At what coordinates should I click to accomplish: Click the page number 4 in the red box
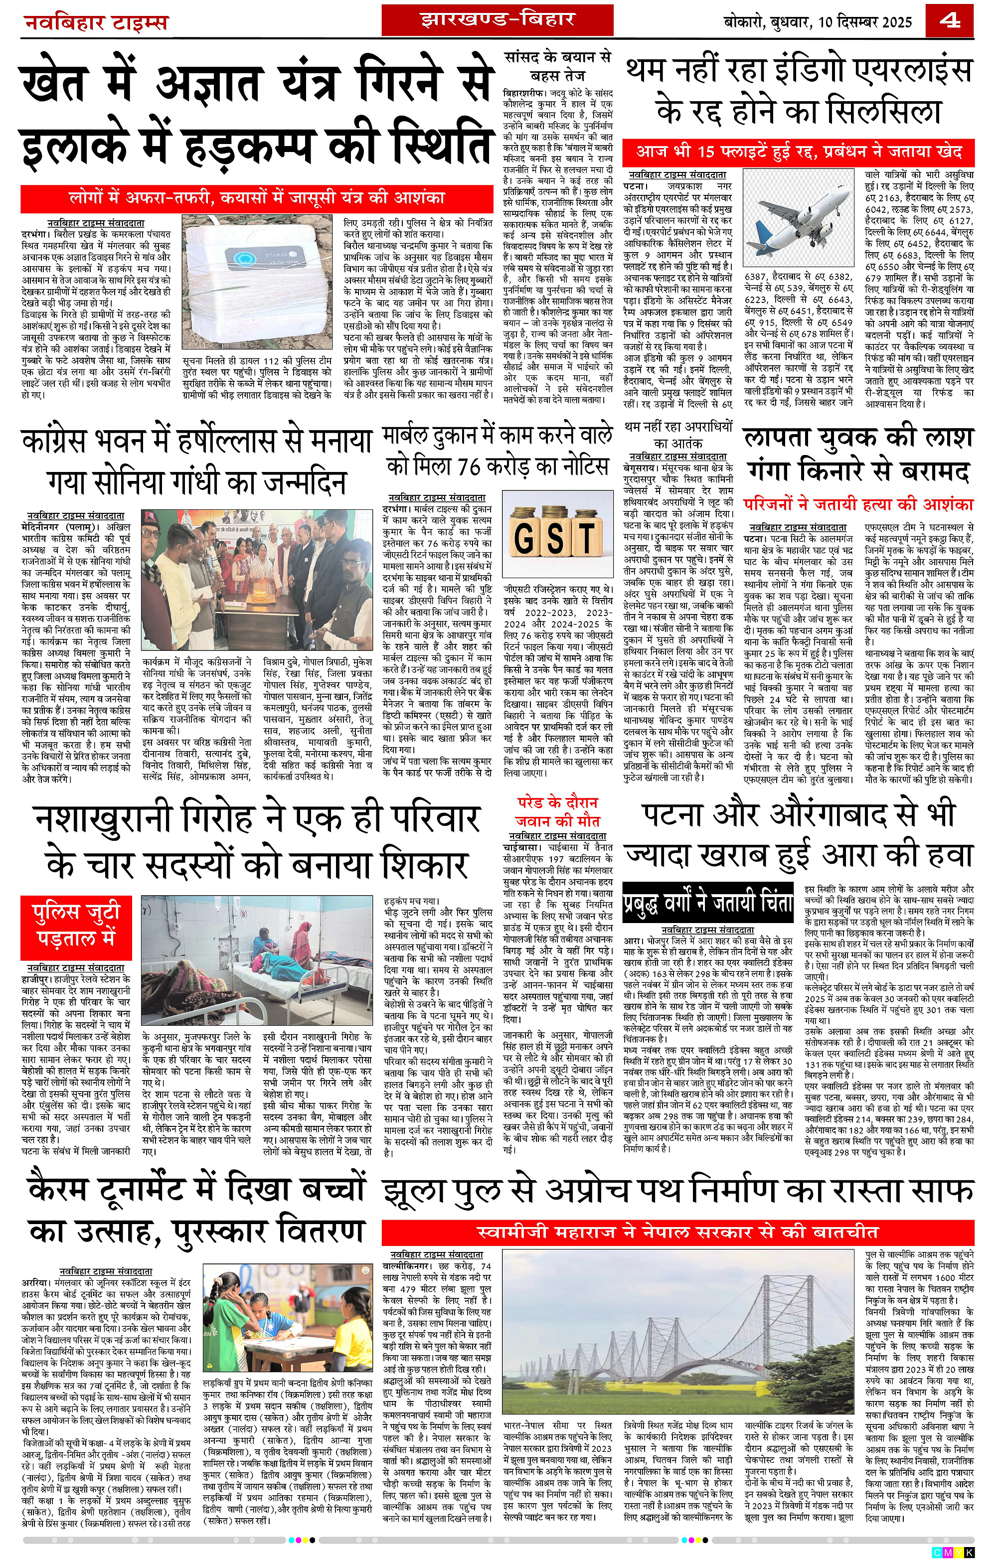pyautogui.click(x=950, y=21)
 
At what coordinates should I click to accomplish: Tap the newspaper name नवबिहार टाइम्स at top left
pyautogui.click(x=96, y=22)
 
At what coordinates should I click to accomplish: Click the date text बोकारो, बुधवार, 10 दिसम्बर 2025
pyautogui.click(x=818, y=22)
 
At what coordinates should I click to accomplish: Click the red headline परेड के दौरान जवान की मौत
pyautogui.click(x=557, y=811)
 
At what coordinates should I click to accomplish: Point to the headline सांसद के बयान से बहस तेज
pyautogui.click(x=557, y=65)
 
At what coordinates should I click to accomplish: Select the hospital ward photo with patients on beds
pyautogui.click(x=257, y=959)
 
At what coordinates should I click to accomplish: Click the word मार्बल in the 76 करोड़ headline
pyautogui.click(x=421, y=436)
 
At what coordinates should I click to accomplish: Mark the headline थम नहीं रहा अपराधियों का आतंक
pyautogui.click(x=678, y=435)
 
